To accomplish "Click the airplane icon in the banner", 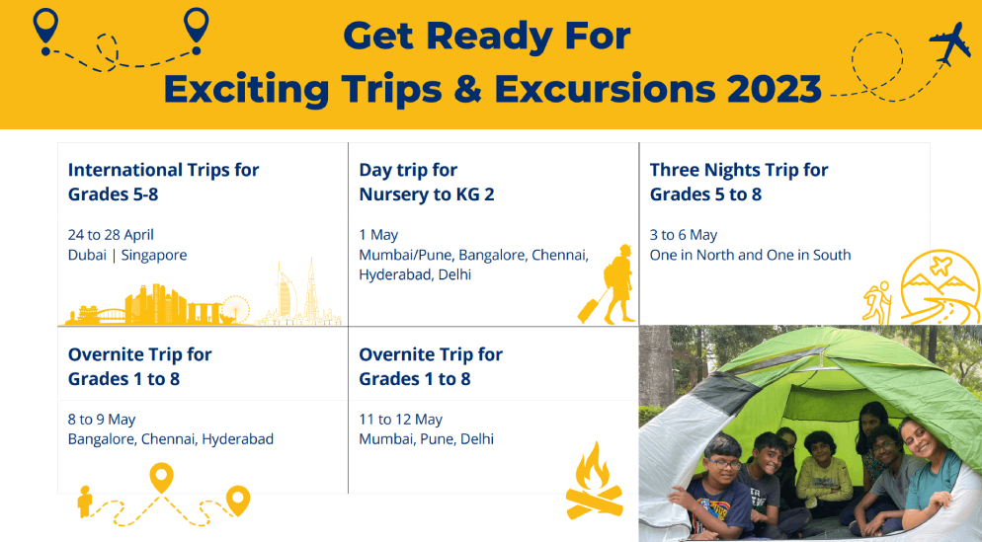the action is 950,42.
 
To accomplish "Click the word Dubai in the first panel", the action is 87,255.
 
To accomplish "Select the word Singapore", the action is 154,256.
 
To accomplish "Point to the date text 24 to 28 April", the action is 111,235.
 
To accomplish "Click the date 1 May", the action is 378,235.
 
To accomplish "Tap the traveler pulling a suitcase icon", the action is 607,284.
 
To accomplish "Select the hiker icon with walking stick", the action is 877,302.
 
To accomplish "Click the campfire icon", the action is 594,481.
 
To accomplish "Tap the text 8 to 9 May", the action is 102,420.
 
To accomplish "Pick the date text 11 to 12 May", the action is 401,420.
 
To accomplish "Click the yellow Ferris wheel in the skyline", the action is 235,309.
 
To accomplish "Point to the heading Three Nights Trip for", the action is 739,170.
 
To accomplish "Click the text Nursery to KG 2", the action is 427,194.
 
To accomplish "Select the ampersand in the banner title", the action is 467,89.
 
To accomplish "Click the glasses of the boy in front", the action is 724,464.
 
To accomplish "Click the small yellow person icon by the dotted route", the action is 85,502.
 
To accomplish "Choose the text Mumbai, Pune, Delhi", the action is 426,439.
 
